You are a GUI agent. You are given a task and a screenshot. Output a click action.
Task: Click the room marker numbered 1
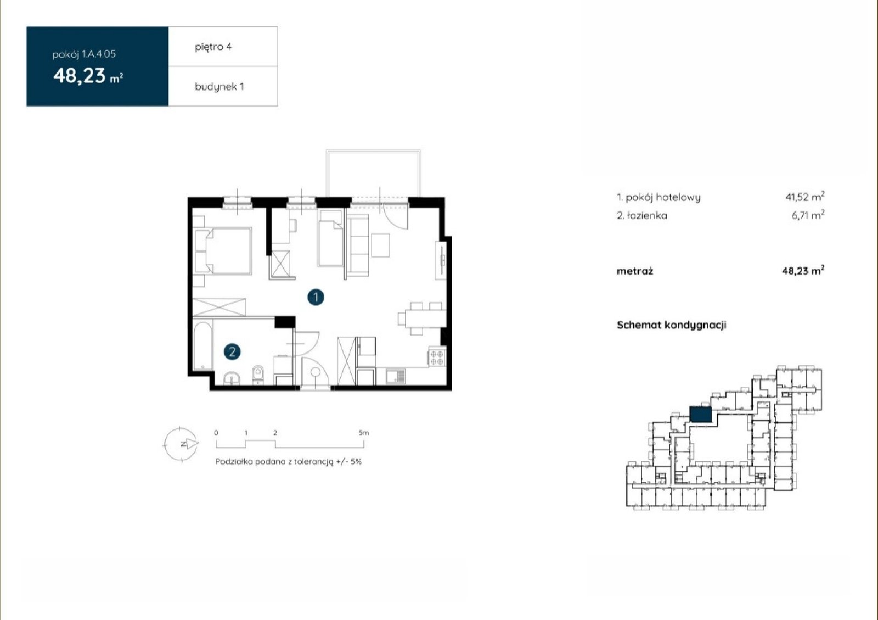pos(316,297)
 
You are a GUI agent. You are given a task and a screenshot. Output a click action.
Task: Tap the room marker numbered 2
pos(232,352)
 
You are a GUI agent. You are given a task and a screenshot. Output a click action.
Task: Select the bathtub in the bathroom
pos(202,346)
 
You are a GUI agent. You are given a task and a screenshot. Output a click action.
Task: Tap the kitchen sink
pos(396,377)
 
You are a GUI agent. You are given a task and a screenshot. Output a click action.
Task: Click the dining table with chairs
pos(422,319)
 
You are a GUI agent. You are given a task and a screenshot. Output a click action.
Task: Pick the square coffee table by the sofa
pos(380,245)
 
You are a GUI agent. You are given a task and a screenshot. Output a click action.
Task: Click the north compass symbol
pos(181,444)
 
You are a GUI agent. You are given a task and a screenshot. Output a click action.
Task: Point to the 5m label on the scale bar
pos(363,433)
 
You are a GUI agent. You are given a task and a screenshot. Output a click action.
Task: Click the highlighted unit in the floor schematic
pos(700,415)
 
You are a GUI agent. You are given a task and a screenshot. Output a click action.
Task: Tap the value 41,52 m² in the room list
pos(804,197)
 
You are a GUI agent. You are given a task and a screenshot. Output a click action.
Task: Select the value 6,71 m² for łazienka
pos(808,215)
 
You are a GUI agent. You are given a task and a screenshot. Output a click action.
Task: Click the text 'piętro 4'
pos(213,47)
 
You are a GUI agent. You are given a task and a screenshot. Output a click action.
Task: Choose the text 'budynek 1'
pos(219,87)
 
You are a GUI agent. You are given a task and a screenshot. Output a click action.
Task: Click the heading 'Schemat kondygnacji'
pos(672,325)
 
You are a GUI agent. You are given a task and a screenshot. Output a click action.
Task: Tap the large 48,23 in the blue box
pos(80,76)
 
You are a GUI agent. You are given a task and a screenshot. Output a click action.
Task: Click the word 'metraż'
pos(635,271)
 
